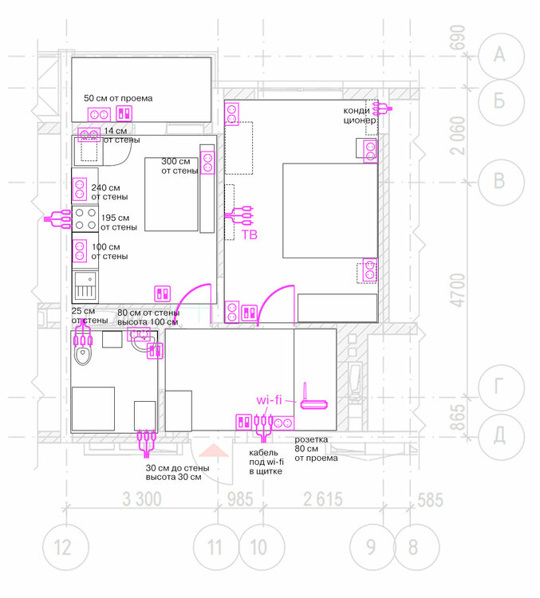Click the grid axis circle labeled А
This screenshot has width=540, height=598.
pyautogui.click(x=500, y=54)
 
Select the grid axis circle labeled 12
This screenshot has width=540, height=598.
pyautogui.click(x=62, y=548)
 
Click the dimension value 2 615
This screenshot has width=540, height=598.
pyautogui.click(x=323, y=500)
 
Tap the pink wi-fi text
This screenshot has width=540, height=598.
pyautogui.click(x=269, y=399)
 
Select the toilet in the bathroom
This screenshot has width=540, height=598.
pyautogui.click(x=83, y=351)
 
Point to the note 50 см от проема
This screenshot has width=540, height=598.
pyautogui.click(x=117, y=98)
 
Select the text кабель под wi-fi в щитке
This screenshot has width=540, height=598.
pyautogui.click(x=266, y=461)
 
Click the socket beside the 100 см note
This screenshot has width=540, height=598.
pyautogui.click(x=81, y=250)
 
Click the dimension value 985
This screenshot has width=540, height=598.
pyautogui.click(x=238, y=500)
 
